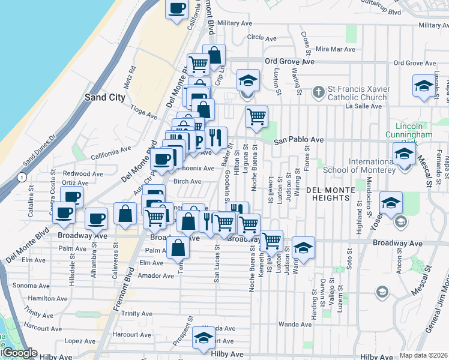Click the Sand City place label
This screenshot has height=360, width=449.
(105, 97)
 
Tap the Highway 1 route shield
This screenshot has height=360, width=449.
(22, 178)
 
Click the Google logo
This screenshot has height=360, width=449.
(19, 353)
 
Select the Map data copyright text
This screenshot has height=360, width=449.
(423, 355)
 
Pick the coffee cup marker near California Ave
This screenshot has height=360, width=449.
(177, 9)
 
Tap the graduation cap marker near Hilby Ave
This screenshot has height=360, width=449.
(204, 338)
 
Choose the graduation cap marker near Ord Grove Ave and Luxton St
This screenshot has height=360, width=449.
(246, 80)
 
